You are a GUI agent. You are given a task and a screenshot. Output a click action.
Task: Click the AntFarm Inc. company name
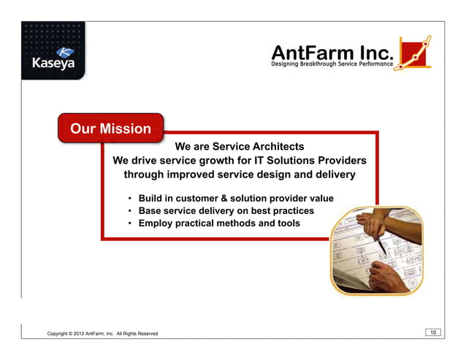click(333, 52)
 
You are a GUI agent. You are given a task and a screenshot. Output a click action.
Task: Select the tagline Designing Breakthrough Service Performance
click(333, 66)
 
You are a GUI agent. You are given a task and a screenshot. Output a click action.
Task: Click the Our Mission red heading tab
click(110, 129)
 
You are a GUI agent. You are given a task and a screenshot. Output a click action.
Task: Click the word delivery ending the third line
click(334, 175)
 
